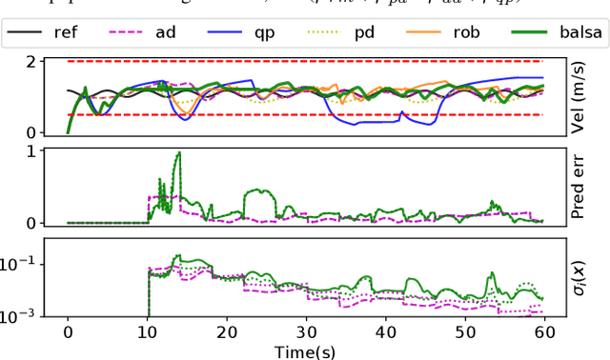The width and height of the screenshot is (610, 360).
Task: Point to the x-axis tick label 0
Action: (68, 331)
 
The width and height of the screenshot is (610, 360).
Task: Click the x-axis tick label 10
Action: (147, 331)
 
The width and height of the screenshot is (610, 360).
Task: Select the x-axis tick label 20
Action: (226, 331)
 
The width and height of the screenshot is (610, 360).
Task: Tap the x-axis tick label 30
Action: (305, 331)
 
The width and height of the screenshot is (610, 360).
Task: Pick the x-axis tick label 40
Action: (384, 331)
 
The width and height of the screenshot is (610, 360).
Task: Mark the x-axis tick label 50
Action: (463, 331)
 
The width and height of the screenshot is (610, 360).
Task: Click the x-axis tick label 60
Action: (542, 331)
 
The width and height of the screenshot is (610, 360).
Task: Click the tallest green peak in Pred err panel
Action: (178, 152)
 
